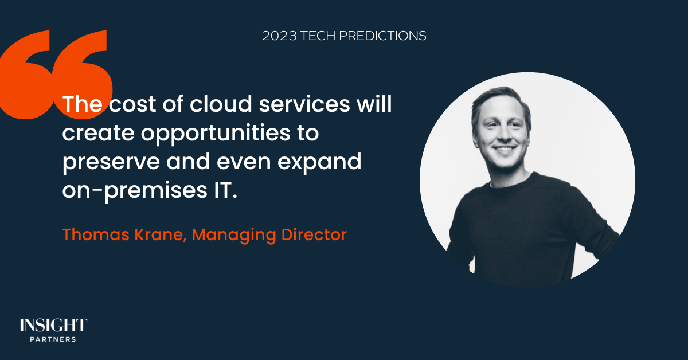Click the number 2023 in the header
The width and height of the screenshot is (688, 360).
click(x=279, y=36)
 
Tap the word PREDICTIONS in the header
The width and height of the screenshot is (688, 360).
click(x=382, y=36)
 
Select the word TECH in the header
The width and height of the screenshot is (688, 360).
click(x=318, y=36)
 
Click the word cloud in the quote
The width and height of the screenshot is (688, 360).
click(x=221, y=104)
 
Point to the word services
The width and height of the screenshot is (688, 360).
click(x=304, y=104)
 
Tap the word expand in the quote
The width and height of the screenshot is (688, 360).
click(x=319, y=162)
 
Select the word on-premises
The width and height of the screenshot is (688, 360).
click(x=135, y=191)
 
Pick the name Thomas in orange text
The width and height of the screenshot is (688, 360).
click(x=96, y=234)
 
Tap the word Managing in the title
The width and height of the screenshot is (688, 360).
click(x=234, y=235)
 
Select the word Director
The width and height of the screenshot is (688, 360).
click(x=314, y=234)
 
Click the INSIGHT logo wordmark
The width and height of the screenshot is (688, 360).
click(x=53, y=325)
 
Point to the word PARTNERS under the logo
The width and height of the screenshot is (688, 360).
click(x=53, y=339)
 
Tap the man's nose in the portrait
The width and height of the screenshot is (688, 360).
click(x=503, y=132)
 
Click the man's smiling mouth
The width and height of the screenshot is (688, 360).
click(x=504, y=149)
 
